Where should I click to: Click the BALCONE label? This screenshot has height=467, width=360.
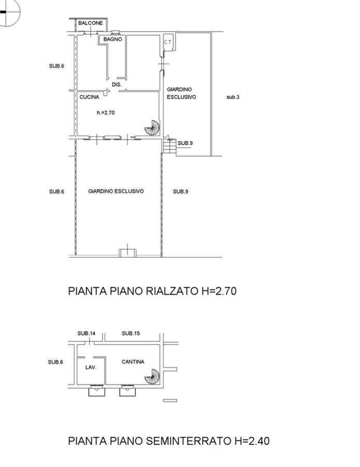click(x=91, y=23)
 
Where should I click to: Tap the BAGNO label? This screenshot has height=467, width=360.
click(x=113, y=39)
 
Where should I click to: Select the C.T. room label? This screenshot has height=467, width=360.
click(x=168, y=42)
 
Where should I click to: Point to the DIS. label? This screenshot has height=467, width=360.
click(x=117, y=85)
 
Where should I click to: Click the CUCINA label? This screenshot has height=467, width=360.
click(x=89, y=97)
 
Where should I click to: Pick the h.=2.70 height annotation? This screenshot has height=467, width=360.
click(x=106, y=113)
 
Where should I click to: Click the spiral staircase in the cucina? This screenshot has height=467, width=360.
click(x=153, y=128)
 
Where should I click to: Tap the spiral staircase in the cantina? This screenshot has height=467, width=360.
click(x=153, y=377)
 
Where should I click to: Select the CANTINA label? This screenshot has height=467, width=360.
click(x=133, y=362)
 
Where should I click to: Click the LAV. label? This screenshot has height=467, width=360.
click(x=91, y=367)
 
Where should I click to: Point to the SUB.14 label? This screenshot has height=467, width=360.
click(x=86, y=333)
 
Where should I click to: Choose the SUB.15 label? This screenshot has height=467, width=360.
click(x=131, y=333)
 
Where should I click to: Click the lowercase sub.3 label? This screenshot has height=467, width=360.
click(x=233, y=97)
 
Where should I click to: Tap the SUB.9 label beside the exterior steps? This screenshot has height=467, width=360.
click(x=185, y=143)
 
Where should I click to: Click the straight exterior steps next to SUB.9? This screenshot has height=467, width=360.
click(x=170, y=146)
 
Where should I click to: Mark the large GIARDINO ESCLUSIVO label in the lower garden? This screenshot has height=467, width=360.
click(x=116, y=191)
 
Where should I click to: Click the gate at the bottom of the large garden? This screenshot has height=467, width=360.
click(x=128, y=253)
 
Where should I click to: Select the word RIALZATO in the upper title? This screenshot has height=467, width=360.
click(x=172, y=291)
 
